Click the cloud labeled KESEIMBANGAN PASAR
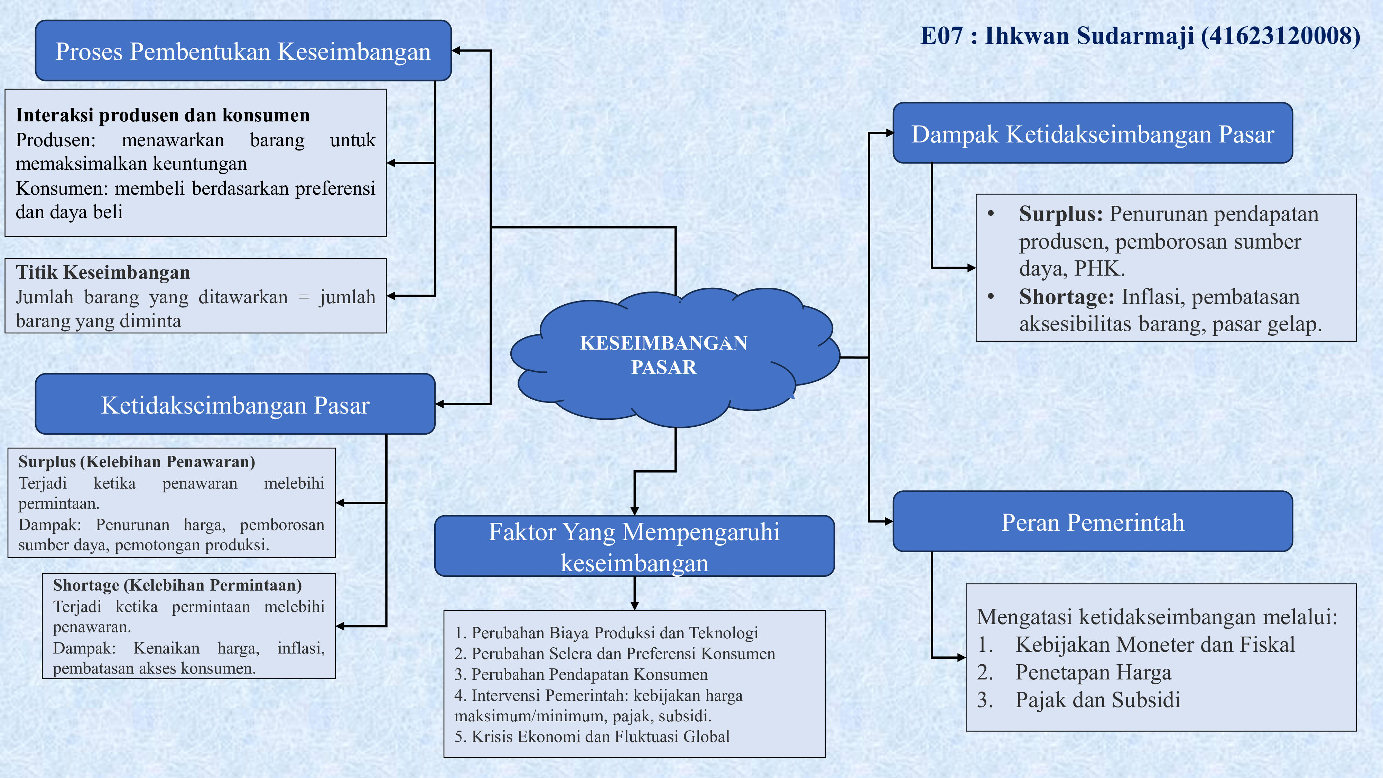tap(664, 355)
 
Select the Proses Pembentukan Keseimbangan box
tap(243, 52)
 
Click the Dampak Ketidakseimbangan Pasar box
tap(1093, 134)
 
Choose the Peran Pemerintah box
tap(1093, 522)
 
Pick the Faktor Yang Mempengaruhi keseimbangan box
tap(634, 547)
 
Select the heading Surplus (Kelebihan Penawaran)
tap(137, 462)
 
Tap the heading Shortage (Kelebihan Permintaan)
tap(177, 585)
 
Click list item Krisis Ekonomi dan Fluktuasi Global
tap(600, 737)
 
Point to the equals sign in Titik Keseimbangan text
tap(304, 297)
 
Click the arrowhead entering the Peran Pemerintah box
tap(889, 521)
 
